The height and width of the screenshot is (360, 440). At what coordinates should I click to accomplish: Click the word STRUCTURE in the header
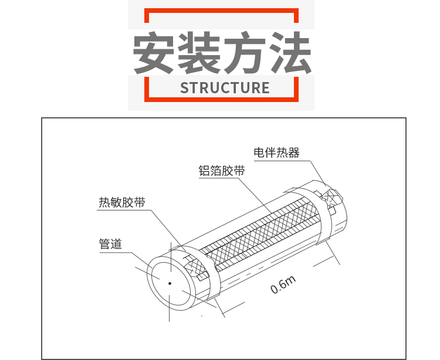tap(225, 88)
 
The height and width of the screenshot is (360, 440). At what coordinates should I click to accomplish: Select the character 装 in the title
tap(200, 52)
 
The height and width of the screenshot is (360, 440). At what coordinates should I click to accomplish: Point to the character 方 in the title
tap(245, 52)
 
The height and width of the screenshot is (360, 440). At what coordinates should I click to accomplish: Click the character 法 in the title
tap(290, 52)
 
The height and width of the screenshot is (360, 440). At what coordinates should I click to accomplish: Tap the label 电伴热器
tap(276, 153)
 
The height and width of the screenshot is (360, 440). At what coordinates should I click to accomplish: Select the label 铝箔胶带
tap(221, 171)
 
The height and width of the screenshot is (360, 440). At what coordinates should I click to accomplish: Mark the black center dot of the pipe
tap(170, 283)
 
